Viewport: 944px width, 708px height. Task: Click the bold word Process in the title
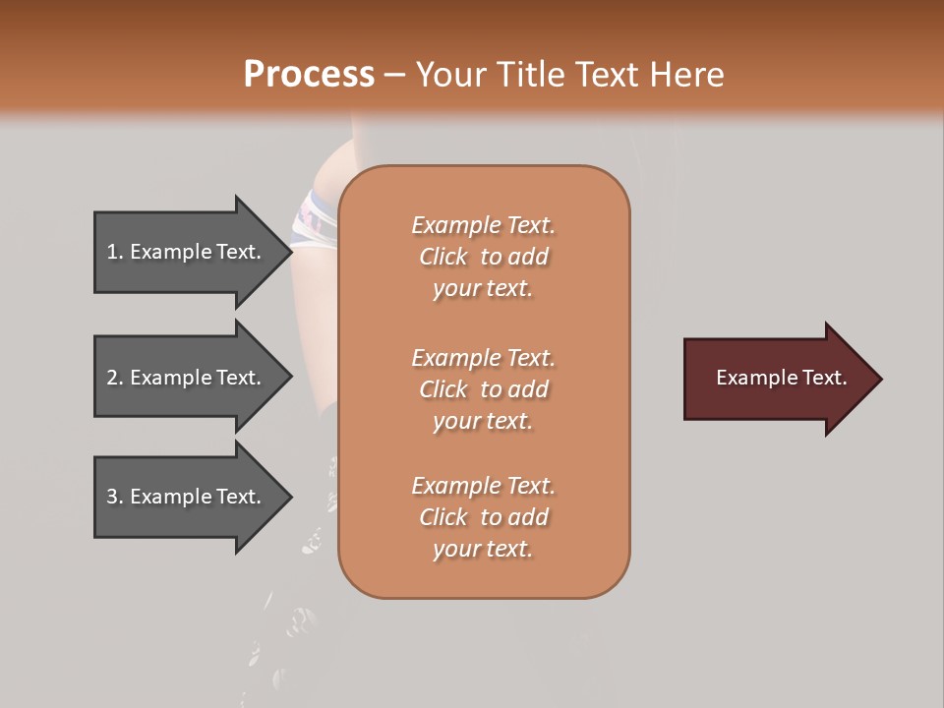[309, 75]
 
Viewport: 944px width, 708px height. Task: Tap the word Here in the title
[687, 75]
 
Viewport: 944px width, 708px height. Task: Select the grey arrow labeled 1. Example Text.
[187, 252]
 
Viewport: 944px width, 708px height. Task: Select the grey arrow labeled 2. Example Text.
[187, 378]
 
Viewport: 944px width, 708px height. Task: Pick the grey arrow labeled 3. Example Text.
[187, 497]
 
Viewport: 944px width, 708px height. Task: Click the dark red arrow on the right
[777, 379]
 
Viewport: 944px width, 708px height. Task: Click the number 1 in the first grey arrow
[113, 252]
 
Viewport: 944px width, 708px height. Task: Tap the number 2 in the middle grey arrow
[113, 378]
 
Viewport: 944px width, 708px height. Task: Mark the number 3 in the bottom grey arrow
[113, 497]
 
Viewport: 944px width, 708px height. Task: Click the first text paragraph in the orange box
[483, 257]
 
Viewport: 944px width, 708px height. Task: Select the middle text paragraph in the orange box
[483, 389]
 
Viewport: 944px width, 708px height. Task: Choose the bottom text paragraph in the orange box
[483, 517]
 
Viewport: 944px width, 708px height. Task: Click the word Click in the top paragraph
[443, 257]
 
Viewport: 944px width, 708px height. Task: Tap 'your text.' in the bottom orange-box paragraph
[483, 549]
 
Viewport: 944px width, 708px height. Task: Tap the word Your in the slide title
[448, 75]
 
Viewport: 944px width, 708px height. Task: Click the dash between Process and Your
[394, 75]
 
